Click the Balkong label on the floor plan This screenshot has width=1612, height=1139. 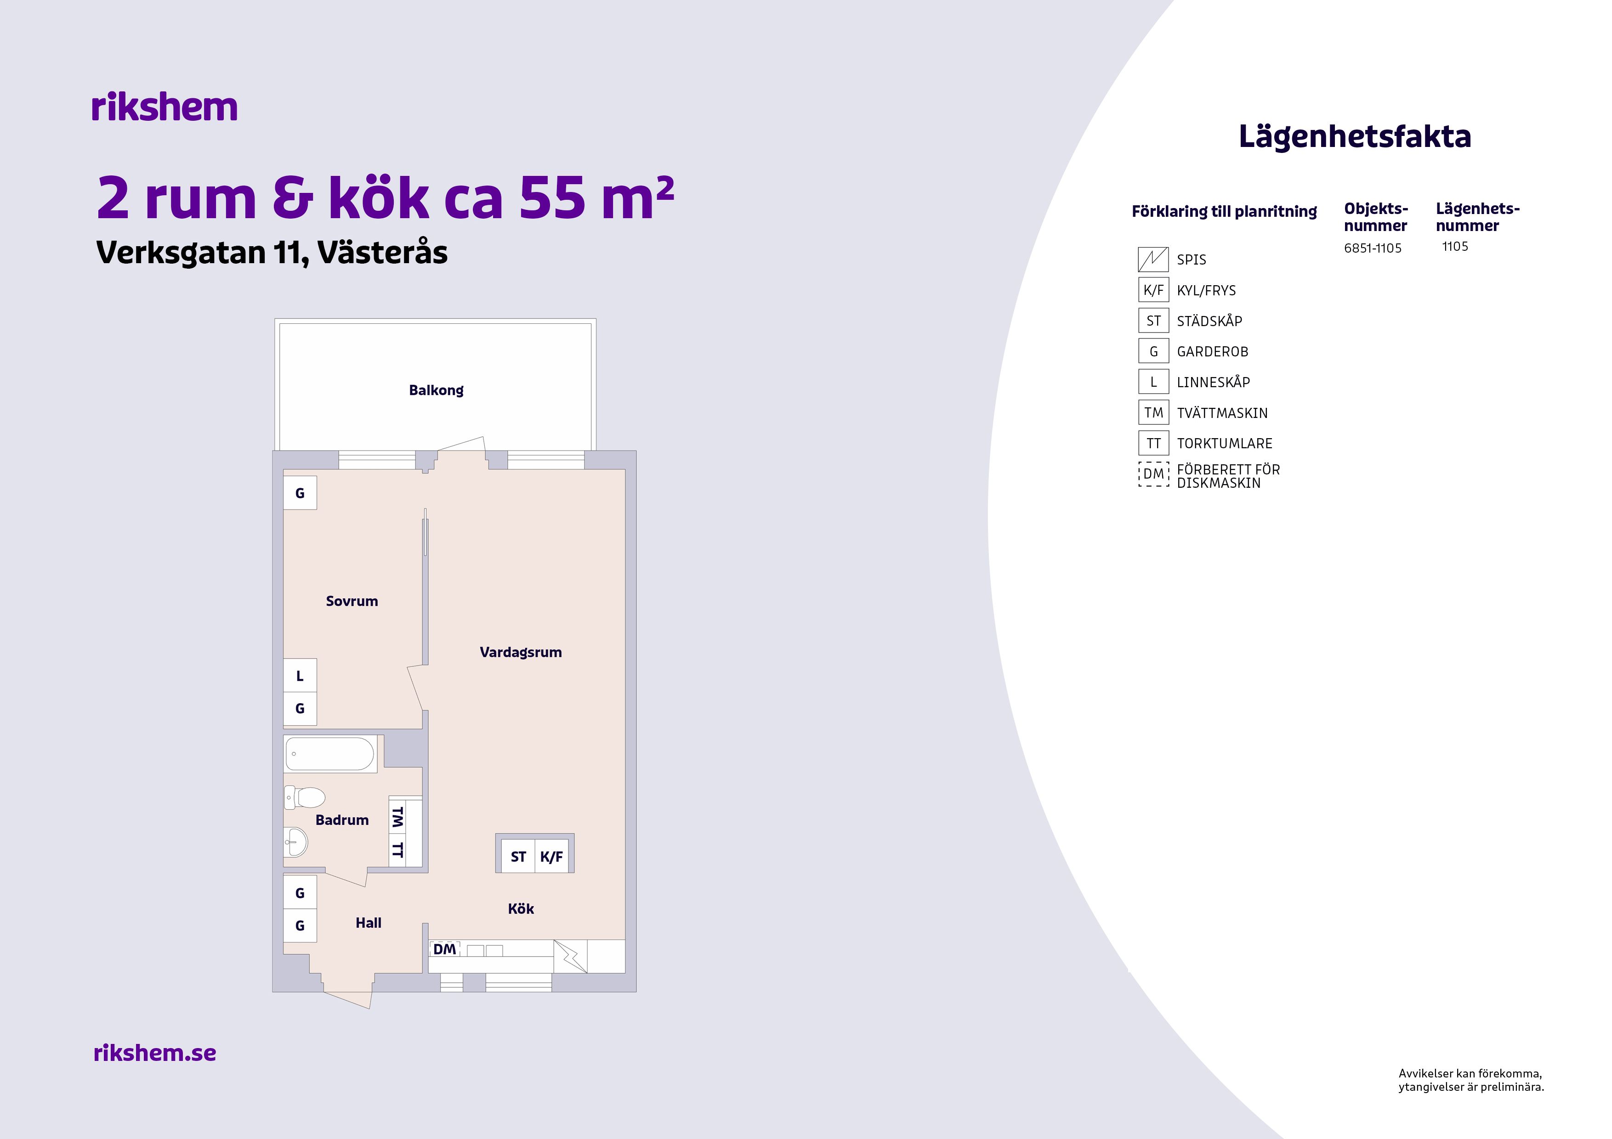(436, 390)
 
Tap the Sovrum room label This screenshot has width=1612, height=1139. (352, 601)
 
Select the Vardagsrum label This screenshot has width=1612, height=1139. (520, 653)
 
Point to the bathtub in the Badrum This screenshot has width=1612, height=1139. (330, 754)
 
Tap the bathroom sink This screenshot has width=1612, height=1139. (295, 841)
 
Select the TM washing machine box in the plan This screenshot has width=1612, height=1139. (397, 817)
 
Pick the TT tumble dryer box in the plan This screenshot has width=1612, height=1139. (397, 850)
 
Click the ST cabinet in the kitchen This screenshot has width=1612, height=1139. (518, 856)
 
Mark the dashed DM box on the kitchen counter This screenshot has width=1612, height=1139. (444, 949)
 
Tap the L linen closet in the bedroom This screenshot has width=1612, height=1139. (300, 676)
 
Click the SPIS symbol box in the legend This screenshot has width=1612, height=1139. (1153, 259)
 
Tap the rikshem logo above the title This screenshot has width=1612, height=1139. (165, 107)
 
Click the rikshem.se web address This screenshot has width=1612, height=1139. (154, 1053)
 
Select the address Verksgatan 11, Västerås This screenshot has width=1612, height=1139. (272, 253)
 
